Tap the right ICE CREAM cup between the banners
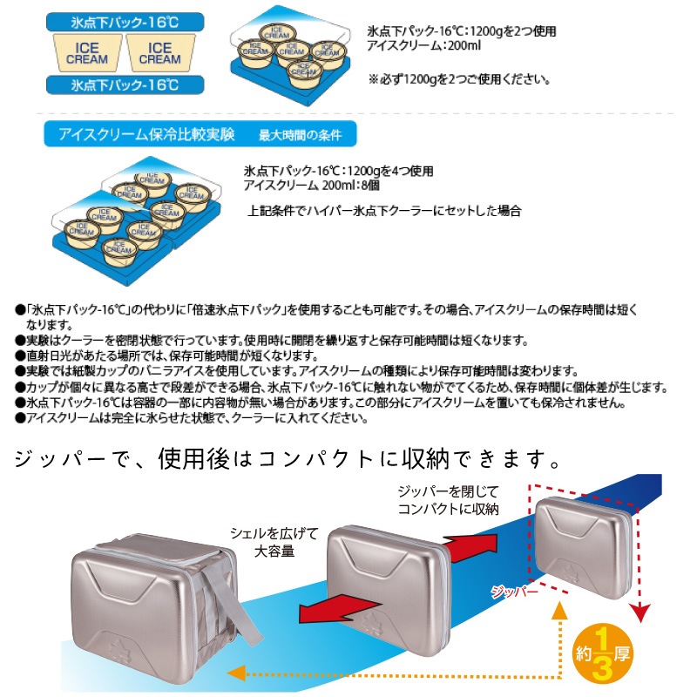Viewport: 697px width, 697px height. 159,52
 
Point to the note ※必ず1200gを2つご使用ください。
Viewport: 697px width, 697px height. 459,79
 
